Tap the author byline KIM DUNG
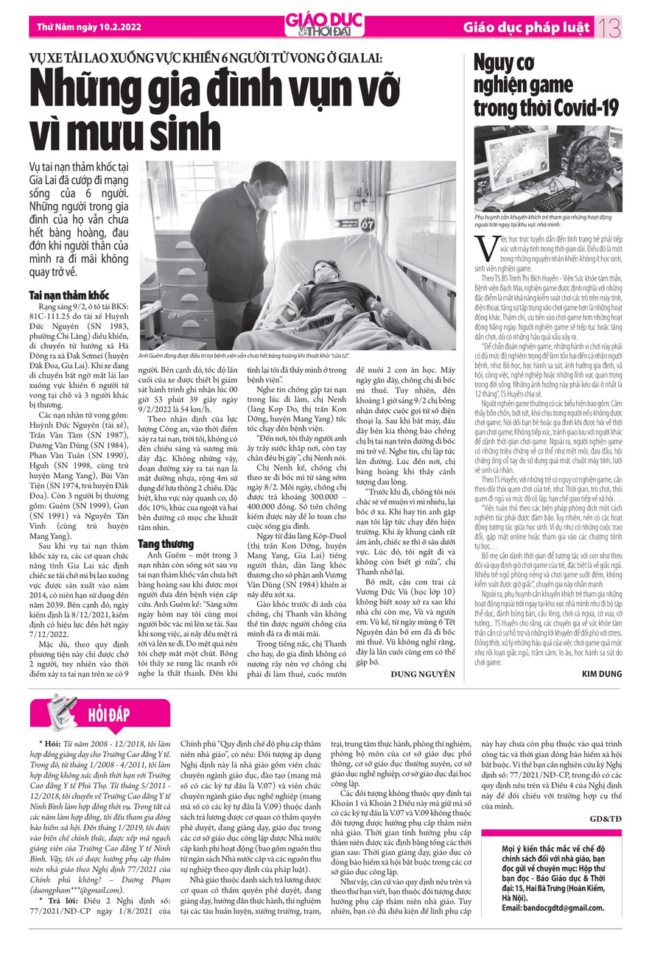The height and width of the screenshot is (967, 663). click(602, 674)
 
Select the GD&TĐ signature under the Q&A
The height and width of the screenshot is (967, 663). click(606, 819)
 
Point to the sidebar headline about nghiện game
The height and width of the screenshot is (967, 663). click(545, 86)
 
